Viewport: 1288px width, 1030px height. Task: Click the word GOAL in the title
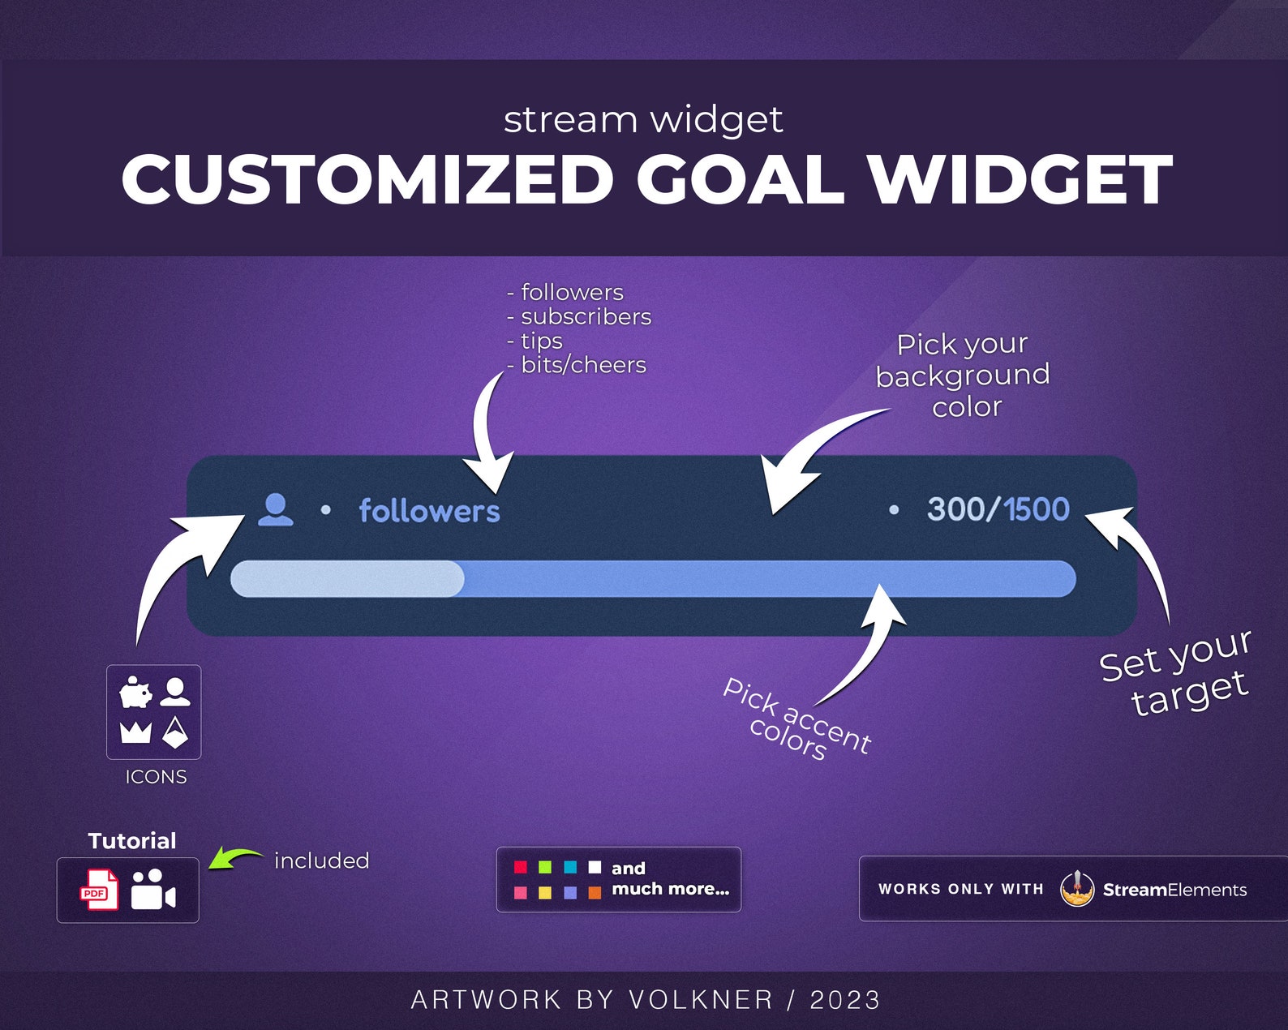coord(740,180)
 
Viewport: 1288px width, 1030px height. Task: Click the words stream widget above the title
coord(643,120)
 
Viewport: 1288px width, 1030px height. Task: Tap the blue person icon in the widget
coord(276,510)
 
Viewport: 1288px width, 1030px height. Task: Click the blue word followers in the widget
coord(429,511)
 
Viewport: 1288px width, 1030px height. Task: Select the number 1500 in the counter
coord(1037,509)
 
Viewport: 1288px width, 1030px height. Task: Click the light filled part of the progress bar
coord(347,579)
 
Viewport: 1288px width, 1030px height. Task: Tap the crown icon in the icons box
coord(135,732)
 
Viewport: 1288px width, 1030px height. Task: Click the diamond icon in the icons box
coord(175,732)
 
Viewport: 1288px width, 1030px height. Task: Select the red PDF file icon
coord(99,890)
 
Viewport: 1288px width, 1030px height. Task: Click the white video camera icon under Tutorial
coord(152,890)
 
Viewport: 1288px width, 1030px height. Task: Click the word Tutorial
coord(132,841)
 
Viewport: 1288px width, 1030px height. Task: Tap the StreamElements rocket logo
coord(1077,890)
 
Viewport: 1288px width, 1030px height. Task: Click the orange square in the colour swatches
coord(595,892)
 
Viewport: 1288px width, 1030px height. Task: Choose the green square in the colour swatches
coord(545,867)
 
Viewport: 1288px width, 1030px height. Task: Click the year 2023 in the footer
coord(845,1000)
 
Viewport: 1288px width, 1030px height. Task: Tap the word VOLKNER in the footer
coord(701,1000)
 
